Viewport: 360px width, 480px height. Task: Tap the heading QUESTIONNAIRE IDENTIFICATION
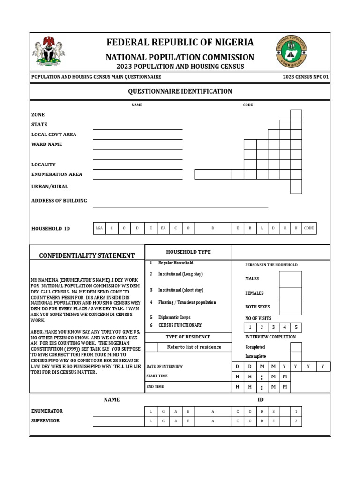coord(180,91)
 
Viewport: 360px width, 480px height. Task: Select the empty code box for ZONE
coord(296,115)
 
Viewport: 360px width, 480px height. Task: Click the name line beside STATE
coord(138,125)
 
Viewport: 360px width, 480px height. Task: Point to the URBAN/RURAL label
coord(49,187)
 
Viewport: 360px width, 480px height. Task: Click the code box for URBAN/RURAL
coord(296,186)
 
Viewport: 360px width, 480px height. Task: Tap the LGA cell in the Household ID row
coord(99,228)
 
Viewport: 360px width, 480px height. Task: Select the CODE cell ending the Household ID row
coord(309,228)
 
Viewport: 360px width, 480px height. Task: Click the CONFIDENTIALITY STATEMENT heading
coord(87,255)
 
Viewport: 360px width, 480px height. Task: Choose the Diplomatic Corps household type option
coord(174,317)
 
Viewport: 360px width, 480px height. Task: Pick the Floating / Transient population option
coord(187,303)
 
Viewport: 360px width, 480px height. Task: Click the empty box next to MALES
coord(290,279)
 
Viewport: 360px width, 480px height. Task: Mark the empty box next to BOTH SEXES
coord(290,307)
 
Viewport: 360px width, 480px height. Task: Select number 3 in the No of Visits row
coord(273,327)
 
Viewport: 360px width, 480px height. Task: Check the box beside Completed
coord(296,347)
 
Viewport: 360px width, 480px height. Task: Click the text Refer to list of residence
coord(194,347)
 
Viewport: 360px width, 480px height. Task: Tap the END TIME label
coord(155,387)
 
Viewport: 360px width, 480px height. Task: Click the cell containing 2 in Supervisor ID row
coord(296,421)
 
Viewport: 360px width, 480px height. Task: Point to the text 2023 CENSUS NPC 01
coord(306,77)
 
